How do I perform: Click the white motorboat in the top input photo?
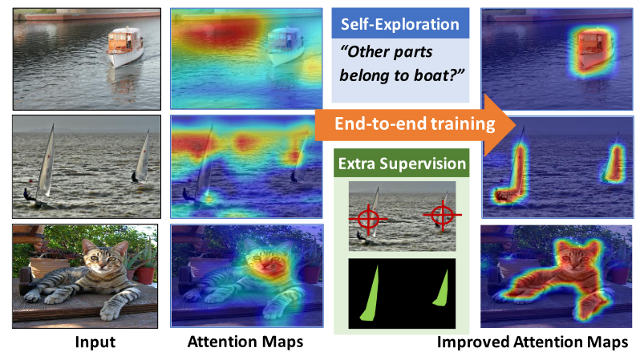tap(125, 47)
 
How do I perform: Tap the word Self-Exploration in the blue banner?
tap(400, 24)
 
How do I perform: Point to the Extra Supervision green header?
tap(402, 164)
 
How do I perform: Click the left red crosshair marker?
tap(368, 219)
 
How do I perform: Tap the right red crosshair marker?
tap(442, 214)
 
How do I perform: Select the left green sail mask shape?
tap(370, 293)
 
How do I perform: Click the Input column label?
tap(95, 342)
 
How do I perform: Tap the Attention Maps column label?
tap(245, 342)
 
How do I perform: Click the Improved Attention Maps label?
tap(533, 342)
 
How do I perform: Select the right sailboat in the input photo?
tap(141, 157)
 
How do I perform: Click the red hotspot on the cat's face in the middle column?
tap(268, 265)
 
